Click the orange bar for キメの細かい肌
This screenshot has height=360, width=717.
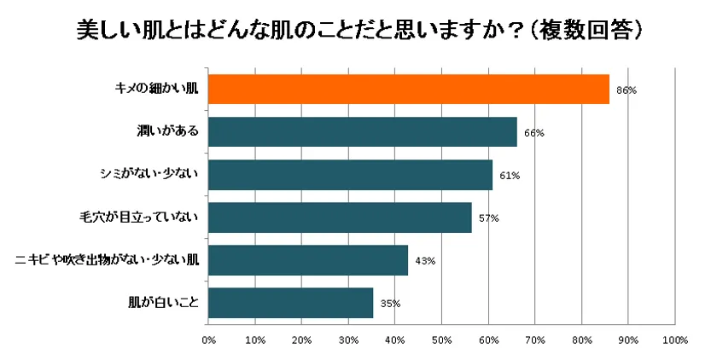[x=409, y=90]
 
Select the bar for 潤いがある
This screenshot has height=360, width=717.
[x=363, y=132]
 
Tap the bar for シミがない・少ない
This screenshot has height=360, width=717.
[x=350, y=175]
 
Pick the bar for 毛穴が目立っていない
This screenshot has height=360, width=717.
[x=340, y=218]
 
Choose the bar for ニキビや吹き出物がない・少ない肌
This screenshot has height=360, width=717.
[x=308, y=260]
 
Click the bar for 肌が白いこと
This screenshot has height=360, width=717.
[x=290, y=303]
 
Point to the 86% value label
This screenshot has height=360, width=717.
[x=627, y=90]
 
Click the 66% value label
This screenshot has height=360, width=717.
[x=533, y=133]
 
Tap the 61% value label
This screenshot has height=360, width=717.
[x=510, y=176]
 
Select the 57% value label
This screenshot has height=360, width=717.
[x=488, y=218]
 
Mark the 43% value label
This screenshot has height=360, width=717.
[x=425, y=261]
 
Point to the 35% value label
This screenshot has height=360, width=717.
[x=390, y=304]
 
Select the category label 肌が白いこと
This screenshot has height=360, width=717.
[x=163, y=303]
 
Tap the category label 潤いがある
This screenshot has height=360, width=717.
[x=167, y=132]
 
